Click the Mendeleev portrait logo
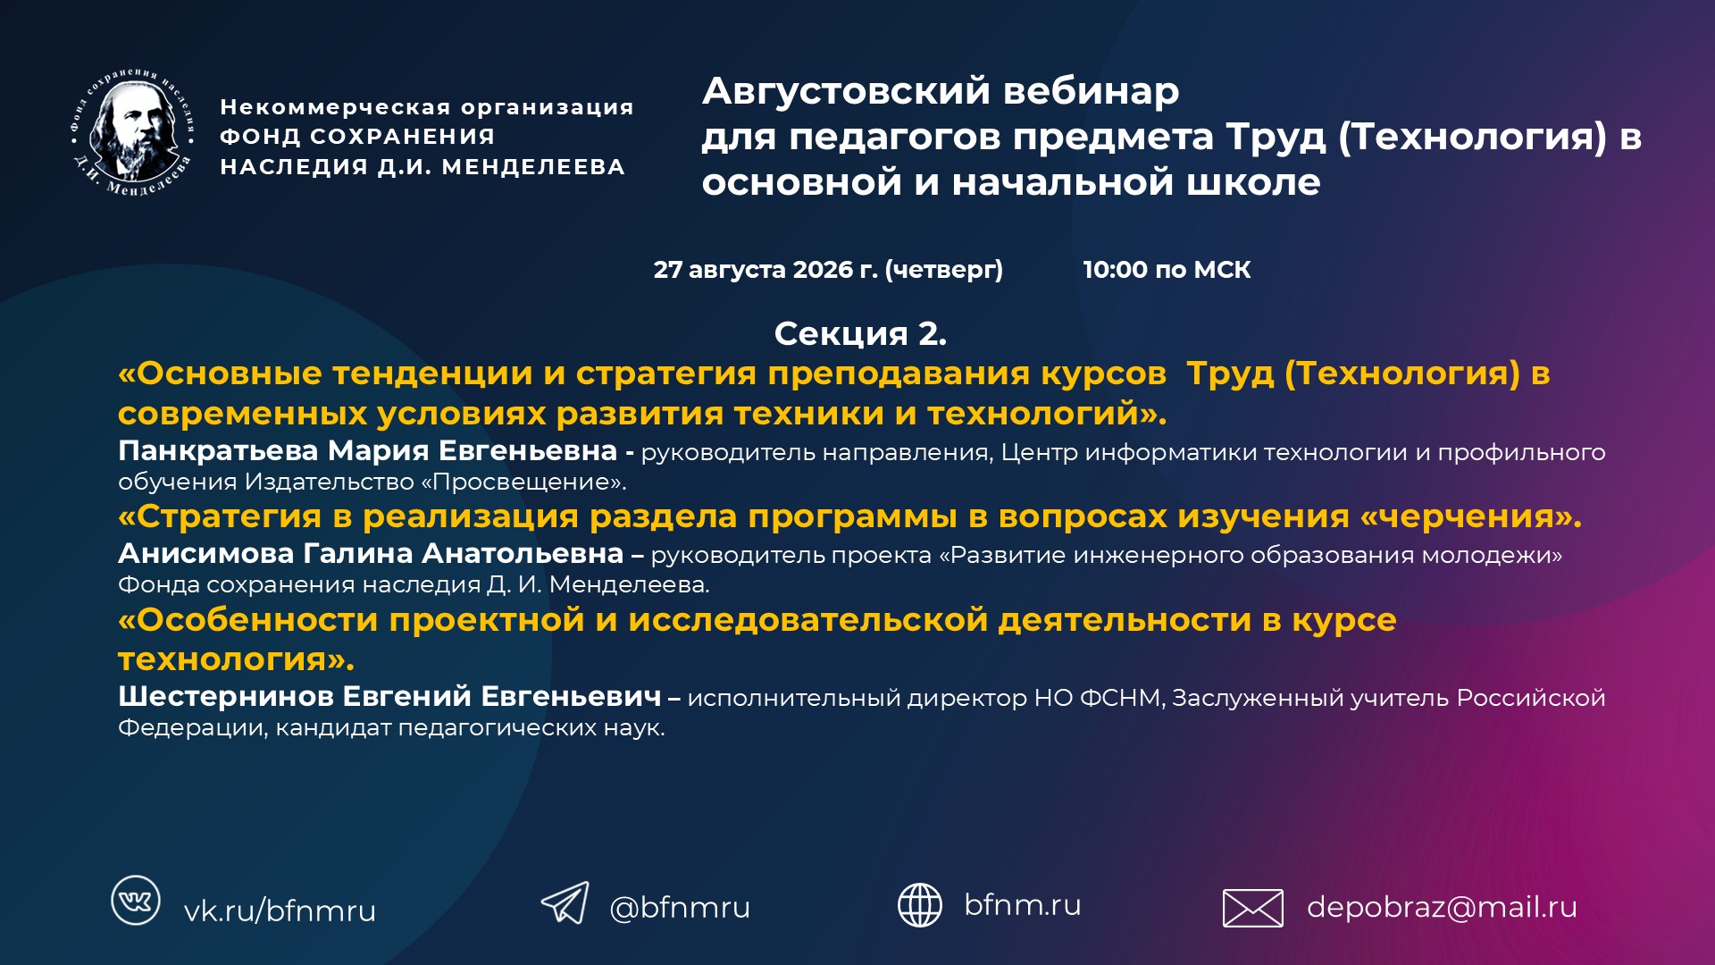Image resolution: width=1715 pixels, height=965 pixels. pos(132,132)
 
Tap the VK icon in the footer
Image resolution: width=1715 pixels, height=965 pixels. pos(136,900)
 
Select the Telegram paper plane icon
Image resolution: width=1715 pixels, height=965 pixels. pos(565,902)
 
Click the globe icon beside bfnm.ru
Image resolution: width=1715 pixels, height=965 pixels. pos(920,904)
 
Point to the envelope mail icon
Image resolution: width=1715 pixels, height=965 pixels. pos(1253,908)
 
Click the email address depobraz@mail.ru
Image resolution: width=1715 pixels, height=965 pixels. pos(1442,907)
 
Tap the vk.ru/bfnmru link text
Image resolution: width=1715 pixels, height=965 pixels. pos(280,910)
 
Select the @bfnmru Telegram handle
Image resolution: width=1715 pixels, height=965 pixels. pos(680,907)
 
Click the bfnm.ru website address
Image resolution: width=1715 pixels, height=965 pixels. pos(1023,904)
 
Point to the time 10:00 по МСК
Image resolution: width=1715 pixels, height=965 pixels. pos(1167,269)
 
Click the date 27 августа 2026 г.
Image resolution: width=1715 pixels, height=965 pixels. pos(765,270)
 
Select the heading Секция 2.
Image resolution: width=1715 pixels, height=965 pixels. pos(860,333)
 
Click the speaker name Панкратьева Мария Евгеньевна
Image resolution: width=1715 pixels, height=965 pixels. pos(367,450)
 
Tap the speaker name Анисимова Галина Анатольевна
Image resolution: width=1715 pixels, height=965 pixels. pos(371,553)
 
